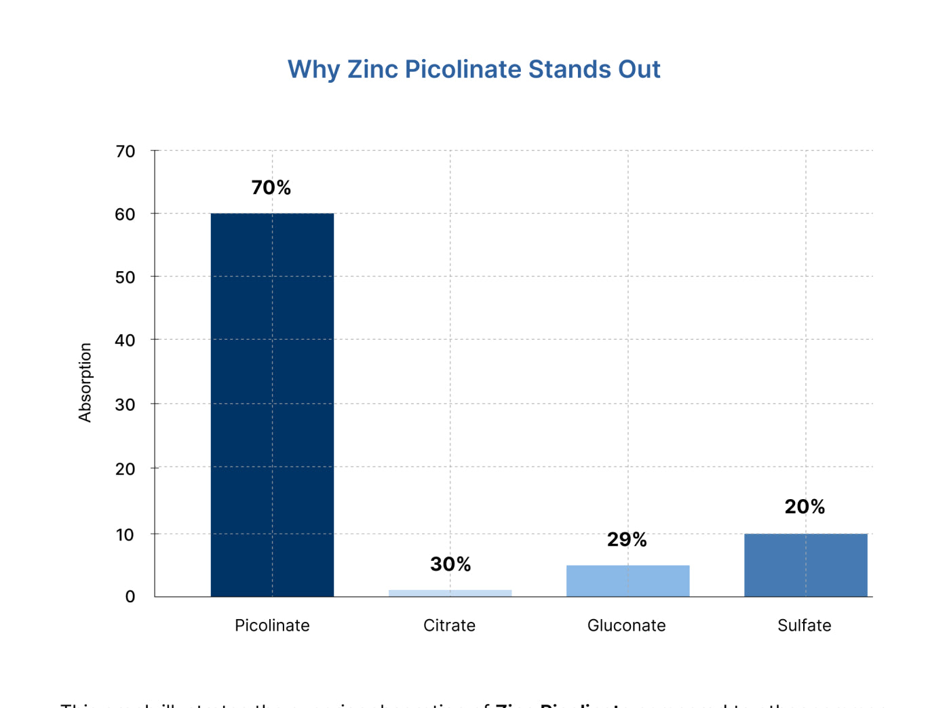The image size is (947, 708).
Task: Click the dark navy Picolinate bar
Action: (272, 405)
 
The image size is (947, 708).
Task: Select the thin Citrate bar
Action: (450, 593)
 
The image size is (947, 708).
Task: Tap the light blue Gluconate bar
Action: (627, 581)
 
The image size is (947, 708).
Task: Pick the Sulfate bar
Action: (805, 565)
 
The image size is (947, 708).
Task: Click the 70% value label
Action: (271, 187)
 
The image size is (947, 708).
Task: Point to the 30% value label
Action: (450, 564)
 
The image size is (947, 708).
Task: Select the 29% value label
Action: (627, 540)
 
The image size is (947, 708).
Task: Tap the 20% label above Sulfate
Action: (805, 507)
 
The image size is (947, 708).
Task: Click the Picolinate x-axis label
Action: (272, 625)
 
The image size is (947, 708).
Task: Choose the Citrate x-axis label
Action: (449, 625)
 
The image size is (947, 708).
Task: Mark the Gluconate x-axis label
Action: (626, 625)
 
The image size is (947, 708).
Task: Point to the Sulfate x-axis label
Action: (804, 625)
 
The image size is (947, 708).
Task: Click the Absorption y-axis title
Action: (85, 382)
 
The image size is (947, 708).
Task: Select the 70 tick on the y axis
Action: (125, 151)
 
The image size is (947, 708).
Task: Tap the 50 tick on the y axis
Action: (125, 277)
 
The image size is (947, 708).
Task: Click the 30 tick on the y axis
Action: (125, 405)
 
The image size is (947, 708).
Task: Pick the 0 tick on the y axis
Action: (130, 597)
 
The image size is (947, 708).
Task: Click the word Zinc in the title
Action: (372, 69)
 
